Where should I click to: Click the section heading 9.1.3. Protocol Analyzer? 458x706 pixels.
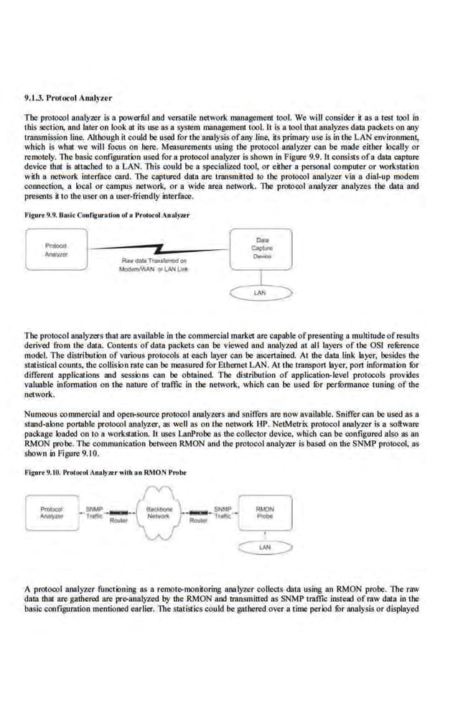(68, 98)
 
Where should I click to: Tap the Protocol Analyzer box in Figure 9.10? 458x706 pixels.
(51, 513)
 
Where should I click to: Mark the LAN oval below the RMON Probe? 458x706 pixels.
(263, 548)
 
